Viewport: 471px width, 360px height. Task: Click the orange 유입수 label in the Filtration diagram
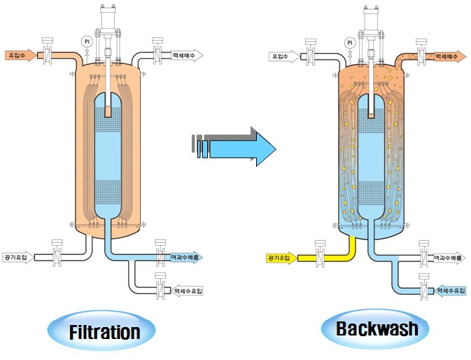click(17, 55)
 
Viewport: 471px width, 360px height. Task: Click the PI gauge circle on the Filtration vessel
click(87, 41)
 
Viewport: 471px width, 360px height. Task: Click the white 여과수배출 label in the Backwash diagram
click(450, 258)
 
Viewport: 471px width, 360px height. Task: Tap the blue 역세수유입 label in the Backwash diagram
click(451, 290)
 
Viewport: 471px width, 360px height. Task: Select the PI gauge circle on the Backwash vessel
click(349, 41)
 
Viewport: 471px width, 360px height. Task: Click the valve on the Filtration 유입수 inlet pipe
click(48, 55)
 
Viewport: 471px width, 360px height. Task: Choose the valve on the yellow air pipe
click(320, 258)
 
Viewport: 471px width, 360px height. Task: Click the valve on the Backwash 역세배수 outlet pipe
click(420, 55)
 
